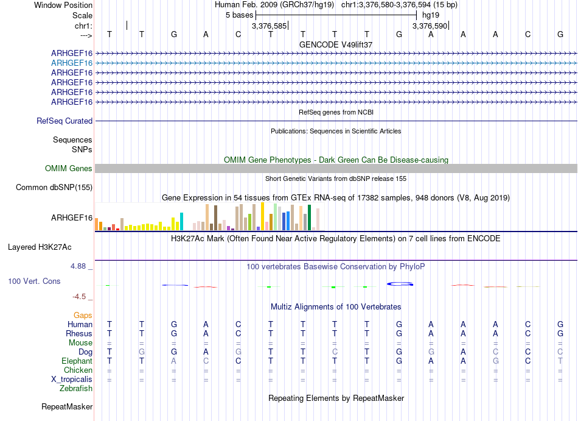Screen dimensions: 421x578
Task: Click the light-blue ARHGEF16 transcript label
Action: point(72,63)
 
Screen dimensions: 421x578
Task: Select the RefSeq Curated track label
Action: point(64,121)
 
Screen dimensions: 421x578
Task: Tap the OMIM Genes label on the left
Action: point(69,169)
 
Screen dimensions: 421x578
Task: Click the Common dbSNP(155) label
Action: point(54,188)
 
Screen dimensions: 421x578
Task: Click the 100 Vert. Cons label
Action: point(34,281)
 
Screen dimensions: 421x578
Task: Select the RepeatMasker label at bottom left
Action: point(67,406)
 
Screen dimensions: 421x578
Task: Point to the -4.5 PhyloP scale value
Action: point(80,297)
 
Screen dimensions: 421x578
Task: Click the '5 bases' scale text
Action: point(239,15)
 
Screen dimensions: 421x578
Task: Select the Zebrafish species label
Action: point(76,388)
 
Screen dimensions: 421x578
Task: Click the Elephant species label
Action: point(77,361)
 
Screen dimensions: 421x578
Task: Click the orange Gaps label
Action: point(83,316)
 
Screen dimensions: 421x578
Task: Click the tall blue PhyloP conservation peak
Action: point(400,283)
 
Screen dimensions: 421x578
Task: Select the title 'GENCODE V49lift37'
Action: point(336,44)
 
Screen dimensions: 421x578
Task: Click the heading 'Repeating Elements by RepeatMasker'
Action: point(336,398)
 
